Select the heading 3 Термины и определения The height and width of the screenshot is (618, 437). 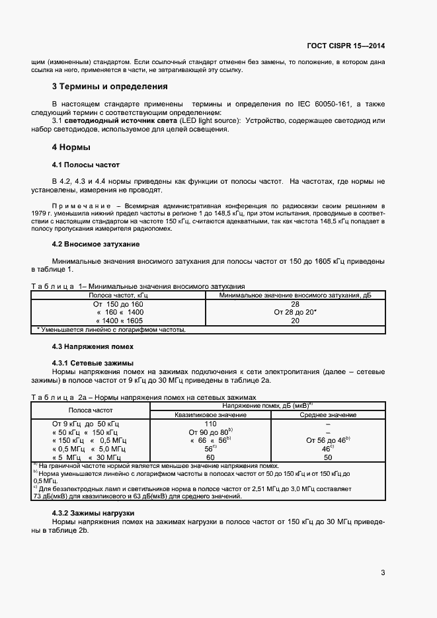click(109, 87)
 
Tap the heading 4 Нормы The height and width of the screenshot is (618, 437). click(71, 147)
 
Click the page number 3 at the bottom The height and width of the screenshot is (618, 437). click(383, 572)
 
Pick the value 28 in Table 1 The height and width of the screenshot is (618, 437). click(295, 303)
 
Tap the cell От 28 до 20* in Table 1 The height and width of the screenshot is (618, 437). click(295, 312)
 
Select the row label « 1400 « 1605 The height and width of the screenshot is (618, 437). click(120, 321)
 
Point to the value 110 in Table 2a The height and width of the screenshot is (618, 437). click(211, 424)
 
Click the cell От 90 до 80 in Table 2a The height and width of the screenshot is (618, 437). click(210, 432)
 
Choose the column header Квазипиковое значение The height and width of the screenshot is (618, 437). click(211, 414)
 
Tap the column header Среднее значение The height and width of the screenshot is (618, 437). click(329, 414)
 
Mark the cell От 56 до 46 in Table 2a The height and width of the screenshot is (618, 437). click(328, 440)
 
